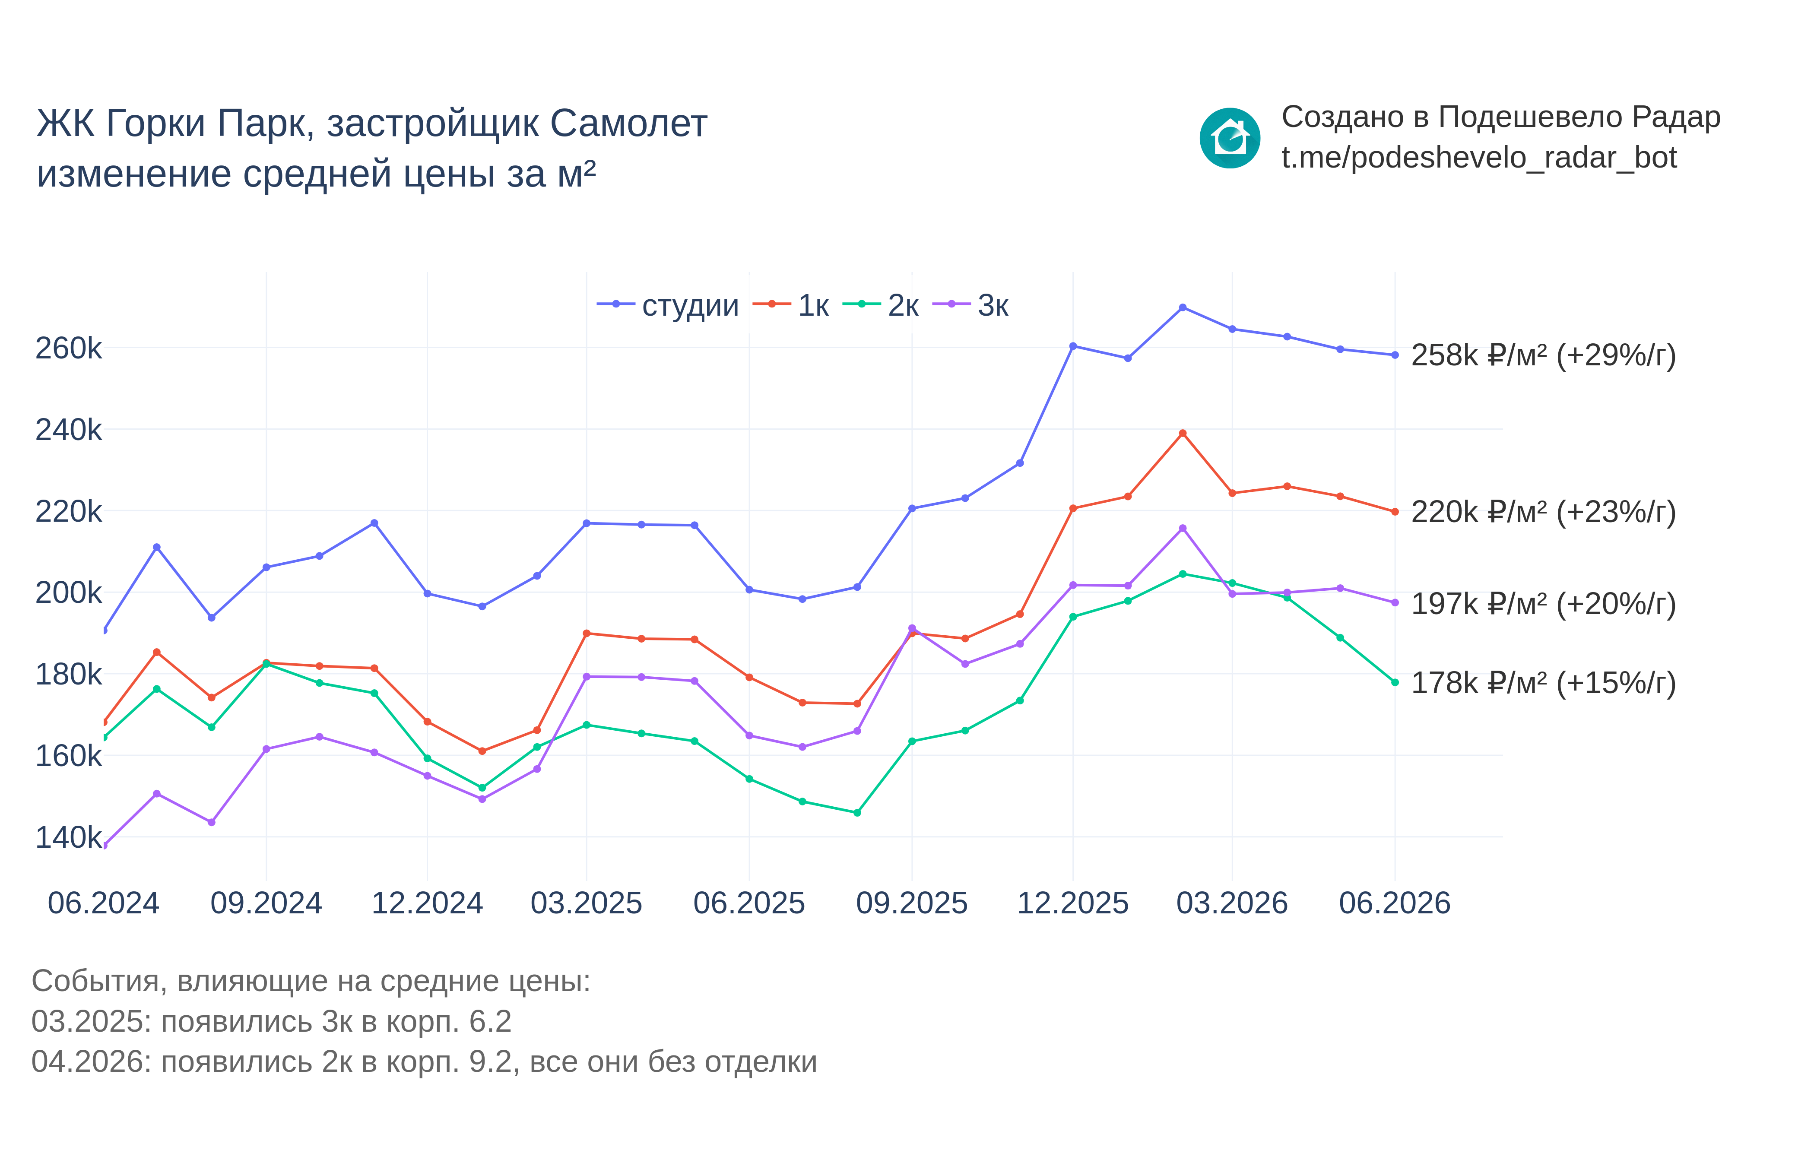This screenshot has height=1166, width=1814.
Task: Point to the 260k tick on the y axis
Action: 68,348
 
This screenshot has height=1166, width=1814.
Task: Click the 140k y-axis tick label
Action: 68,837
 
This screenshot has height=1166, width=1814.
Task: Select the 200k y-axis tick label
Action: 68,593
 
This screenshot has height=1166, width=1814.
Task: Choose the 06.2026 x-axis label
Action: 1395,903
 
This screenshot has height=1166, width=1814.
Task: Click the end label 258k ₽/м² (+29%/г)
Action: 1544,355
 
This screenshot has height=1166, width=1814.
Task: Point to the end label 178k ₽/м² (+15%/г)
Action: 1544,683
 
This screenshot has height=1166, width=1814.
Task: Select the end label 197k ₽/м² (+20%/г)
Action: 1544,604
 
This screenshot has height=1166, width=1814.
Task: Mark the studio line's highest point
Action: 1183,307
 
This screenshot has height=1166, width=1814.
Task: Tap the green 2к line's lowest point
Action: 857,813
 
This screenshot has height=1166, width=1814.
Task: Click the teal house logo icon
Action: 1230,138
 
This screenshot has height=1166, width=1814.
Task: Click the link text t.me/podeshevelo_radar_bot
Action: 1478,158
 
